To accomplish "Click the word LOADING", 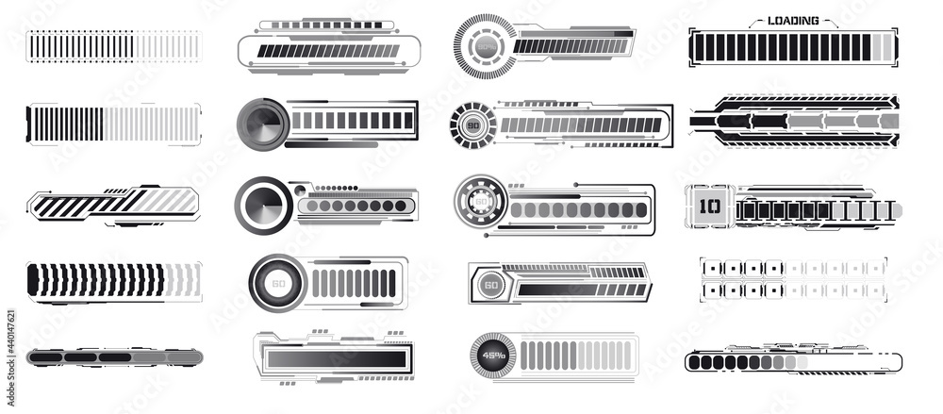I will [x=792, y=20].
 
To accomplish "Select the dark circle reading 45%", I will [x=492, y=356].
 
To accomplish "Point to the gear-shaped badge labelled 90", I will [x=471, y=125].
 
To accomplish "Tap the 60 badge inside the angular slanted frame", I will [x=490, y=284].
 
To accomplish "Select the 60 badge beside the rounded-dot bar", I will [x=480, y=201].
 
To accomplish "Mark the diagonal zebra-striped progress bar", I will [x=113, y=202].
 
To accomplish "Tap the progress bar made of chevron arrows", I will [x=113, y=281].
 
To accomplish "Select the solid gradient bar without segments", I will [x=335, y=359].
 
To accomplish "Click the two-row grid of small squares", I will [x=792, y=279].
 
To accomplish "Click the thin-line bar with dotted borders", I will [x=113, y=46].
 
